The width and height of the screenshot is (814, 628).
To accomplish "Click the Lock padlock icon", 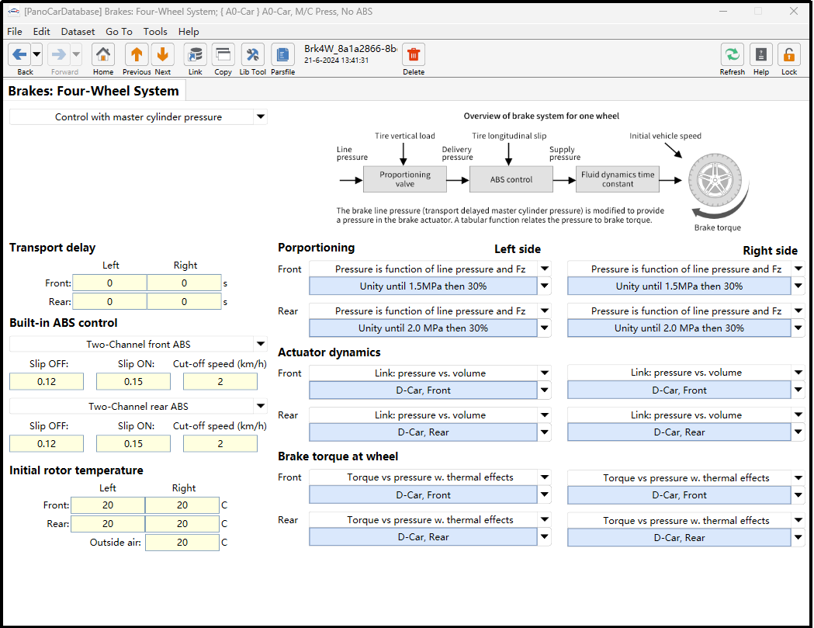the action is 788,55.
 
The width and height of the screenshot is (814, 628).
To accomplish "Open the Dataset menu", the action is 78,32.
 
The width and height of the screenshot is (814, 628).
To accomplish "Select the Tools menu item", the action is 155,32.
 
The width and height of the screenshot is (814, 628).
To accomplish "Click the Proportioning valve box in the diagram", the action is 405,179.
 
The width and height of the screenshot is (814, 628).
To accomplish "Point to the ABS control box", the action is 511,179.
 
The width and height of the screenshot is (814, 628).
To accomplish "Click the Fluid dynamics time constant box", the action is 618,179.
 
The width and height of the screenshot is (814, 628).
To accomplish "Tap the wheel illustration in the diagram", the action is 715,181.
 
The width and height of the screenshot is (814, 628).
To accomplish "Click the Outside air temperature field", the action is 182,543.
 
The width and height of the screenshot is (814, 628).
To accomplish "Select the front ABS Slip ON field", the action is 133,382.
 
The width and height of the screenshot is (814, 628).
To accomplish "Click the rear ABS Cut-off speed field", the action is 220,443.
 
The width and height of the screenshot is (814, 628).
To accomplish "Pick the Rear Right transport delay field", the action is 184,302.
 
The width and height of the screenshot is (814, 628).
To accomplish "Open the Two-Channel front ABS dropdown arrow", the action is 261,343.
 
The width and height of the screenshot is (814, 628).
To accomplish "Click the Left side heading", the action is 518,249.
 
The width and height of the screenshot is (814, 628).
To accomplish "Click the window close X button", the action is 794,11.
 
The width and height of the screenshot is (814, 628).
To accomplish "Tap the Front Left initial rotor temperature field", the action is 108,505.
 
